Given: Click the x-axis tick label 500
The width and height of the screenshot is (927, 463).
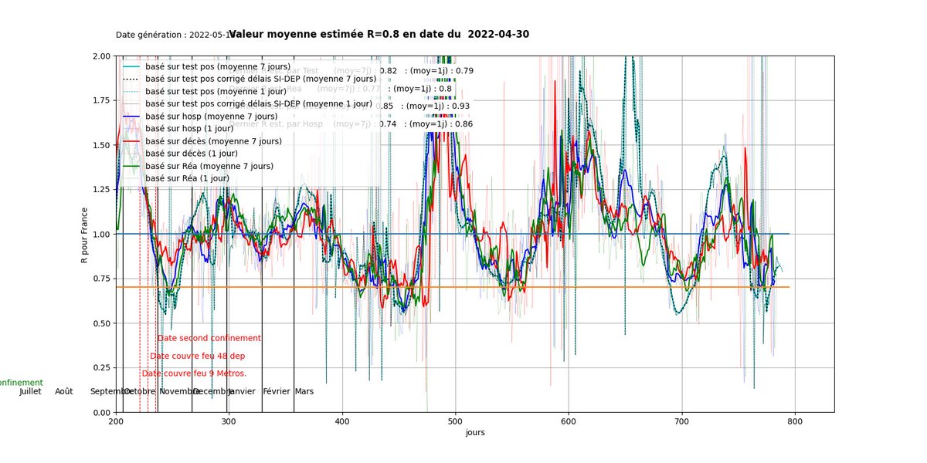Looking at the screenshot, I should point(455,422).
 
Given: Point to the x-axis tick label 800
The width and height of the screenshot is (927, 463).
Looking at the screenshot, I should point(795,422).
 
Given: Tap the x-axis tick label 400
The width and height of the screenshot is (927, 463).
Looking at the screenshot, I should point(342,422).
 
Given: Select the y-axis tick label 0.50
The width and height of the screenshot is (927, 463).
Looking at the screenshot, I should point(100,323).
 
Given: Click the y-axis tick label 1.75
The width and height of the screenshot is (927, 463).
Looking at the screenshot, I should point(100,100).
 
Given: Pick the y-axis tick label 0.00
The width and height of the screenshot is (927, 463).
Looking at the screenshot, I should point(100,412).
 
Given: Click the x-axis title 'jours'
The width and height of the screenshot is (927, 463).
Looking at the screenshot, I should point(475,433).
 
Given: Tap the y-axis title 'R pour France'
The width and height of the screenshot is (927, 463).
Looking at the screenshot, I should point(85,234).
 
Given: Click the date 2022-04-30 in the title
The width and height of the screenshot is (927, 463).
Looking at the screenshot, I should point(498,34).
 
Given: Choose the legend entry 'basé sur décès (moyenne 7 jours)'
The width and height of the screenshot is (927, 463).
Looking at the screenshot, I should point(213,141).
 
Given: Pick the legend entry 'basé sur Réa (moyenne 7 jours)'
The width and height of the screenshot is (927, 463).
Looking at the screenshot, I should point(209,166).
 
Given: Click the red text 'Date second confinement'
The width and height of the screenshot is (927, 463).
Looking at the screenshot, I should point(209,338).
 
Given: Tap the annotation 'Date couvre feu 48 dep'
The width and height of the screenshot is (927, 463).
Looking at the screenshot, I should point(198,356).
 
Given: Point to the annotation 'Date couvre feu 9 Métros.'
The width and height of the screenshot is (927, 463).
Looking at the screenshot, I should point(194,373).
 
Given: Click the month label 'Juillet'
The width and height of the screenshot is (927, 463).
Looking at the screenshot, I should point(30,391).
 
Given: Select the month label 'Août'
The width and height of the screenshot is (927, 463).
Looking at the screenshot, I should point(64,391).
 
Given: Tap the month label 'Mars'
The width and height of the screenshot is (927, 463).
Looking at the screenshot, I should point(304,391).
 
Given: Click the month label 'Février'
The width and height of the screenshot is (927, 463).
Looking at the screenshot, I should point(277,391).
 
